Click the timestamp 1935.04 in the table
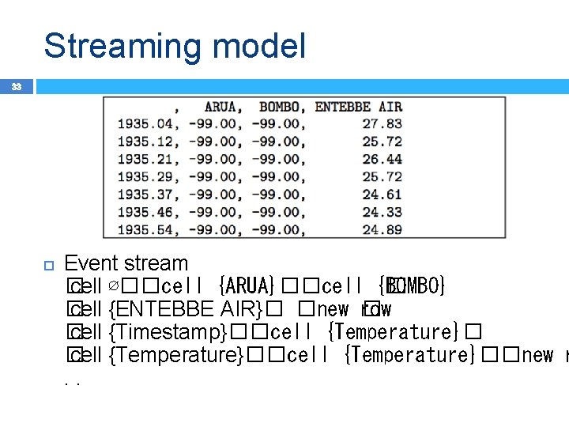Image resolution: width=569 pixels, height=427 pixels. tap(145, 124)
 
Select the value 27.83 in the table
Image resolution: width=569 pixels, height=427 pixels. tap(382, 124)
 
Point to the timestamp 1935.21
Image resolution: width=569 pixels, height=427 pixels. tap(145, 159)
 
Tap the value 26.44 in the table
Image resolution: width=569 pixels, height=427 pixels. tap(382, 159)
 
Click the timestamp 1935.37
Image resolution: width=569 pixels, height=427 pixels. tap(145, 195)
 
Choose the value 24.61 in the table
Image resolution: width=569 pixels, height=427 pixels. tap(382, 195)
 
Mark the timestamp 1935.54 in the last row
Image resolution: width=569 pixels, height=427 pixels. tap(145, 229)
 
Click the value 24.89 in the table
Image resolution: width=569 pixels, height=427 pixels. tap(382, 229)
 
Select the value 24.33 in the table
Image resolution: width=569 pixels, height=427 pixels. tap(382, 212)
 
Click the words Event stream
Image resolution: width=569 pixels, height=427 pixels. tap(126, 263)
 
